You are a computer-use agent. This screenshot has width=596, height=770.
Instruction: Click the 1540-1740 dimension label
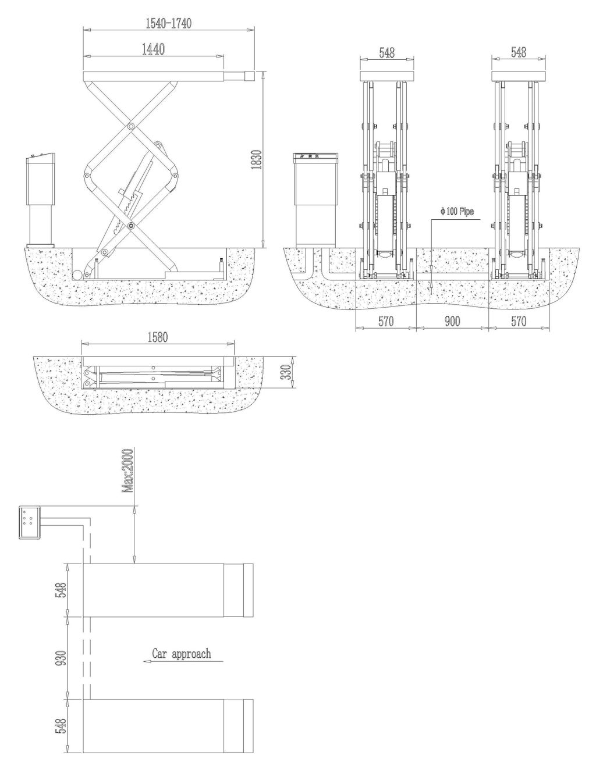point(168,23)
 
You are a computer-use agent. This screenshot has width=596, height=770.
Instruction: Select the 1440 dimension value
point(153,49)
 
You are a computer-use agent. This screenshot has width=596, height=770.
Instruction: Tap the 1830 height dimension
point(256,160)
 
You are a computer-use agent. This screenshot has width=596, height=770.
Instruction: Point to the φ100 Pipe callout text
point(457,212)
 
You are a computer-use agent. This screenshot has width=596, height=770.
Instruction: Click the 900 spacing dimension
point(452,322)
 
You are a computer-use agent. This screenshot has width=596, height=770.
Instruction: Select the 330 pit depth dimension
point(286,372)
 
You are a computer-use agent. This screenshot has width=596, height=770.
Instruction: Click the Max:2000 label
point(127,471)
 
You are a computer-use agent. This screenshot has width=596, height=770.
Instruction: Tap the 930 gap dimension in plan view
point(61,658)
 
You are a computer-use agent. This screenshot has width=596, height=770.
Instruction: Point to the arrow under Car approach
point(183,661)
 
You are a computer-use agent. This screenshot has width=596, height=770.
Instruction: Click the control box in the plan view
point(30,523)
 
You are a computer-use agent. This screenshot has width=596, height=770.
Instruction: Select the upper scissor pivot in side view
point(131,126)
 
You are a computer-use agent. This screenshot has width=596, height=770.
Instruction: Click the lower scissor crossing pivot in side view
point(131,225)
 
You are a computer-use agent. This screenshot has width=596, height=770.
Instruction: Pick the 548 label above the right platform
point(518,52)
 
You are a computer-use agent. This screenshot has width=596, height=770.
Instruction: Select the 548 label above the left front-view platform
point(386,53)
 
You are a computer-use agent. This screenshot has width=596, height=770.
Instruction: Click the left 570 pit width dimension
point(385,322)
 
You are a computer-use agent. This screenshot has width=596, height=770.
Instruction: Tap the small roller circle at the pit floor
point(77,275)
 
